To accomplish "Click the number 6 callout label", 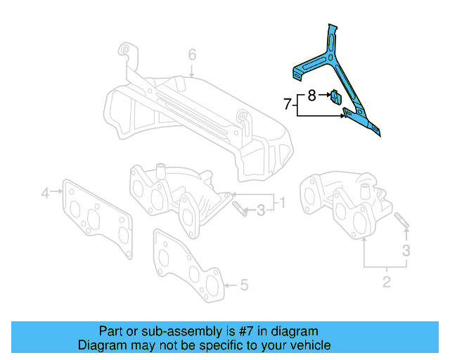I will (192, 54).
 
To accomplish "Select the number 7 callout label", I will (287, 104).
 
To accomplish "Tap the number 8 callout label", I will (312, 93).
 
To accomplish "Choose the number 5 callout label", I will (243, 285).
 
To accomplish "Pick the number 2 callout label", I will (385, 283).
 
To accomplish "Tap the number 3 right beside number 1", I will (261, 209).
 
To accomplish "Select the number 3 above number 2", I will (406, 250).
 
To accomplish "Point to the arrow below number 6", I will (192, 70).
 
